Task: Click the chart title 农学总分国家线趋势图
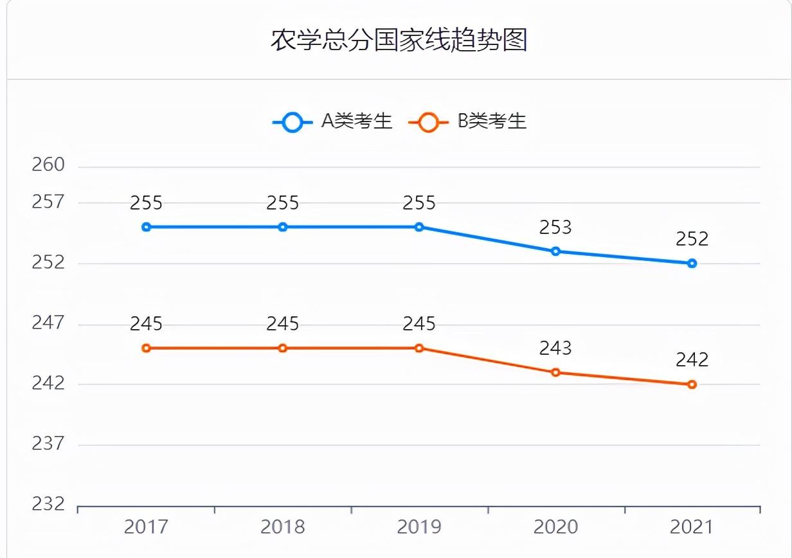[x=399, y=40]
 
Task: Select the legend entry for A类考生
[x=333, y=121]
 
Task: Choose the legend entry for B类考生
[x=468, y=121]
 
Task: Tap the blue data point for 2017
[x=147, y=227]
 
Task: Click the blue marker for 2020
[x=555, y=251]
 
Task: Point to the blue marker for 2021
[x=692, y=263]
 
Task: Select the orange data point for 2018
[x=283, y=348]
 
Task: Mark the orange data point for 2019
[x=419, y=348]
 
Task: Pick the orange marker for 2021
[x=692, y=384]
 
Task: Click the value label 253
[x=555, y=227]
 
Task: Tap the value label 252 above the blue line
[x=692, y=239]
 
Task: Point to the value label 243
[x=555, y=348]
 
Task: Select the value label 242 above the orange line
[x=692, y=360]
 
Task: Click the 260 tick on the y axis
[x=49, y=165]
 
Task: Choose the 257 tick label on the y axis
[x=49, y=203]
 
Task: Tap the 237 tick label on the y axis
[x=49, y=444]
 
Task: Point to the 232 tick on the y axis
[x=49, y=504]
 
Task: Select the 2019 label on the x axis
[x=419, y=527]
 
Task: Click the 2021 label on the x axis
[x=692, y=527]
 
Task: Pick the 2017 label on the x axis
[x=147, y=527]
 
